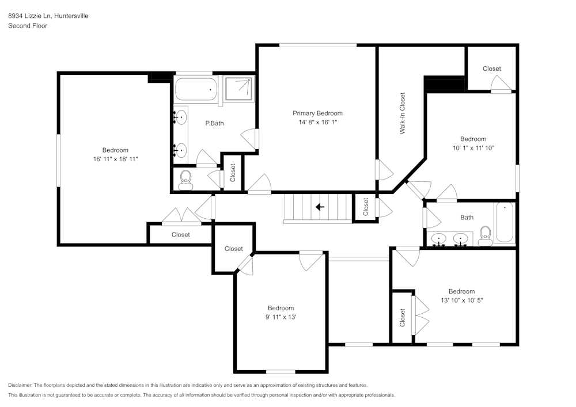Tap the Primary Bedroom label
[317, 113]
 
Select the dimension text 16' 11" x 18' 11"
[115, 159]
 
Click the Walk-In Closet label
[403, 113]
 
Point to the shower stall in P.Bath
[238, 89]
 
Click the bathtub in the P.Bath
[196, 90]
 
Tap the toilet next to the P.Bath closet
[185, 180]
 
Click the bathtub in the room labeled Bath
[505, 223]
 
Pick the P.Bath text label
[214, 123]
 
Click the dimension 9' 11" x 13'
[281, 317]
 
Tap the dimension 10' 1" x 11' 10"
[473, 147]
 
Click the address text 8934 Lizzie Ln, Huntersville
[48, 16]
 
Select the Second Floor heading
[28, 26]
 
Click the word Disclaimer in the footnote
[20, 385]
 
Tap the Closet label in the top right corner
[491, 69]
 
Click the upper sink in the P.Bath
[181, 117]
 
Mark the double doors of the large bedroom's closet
[180, 217]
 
